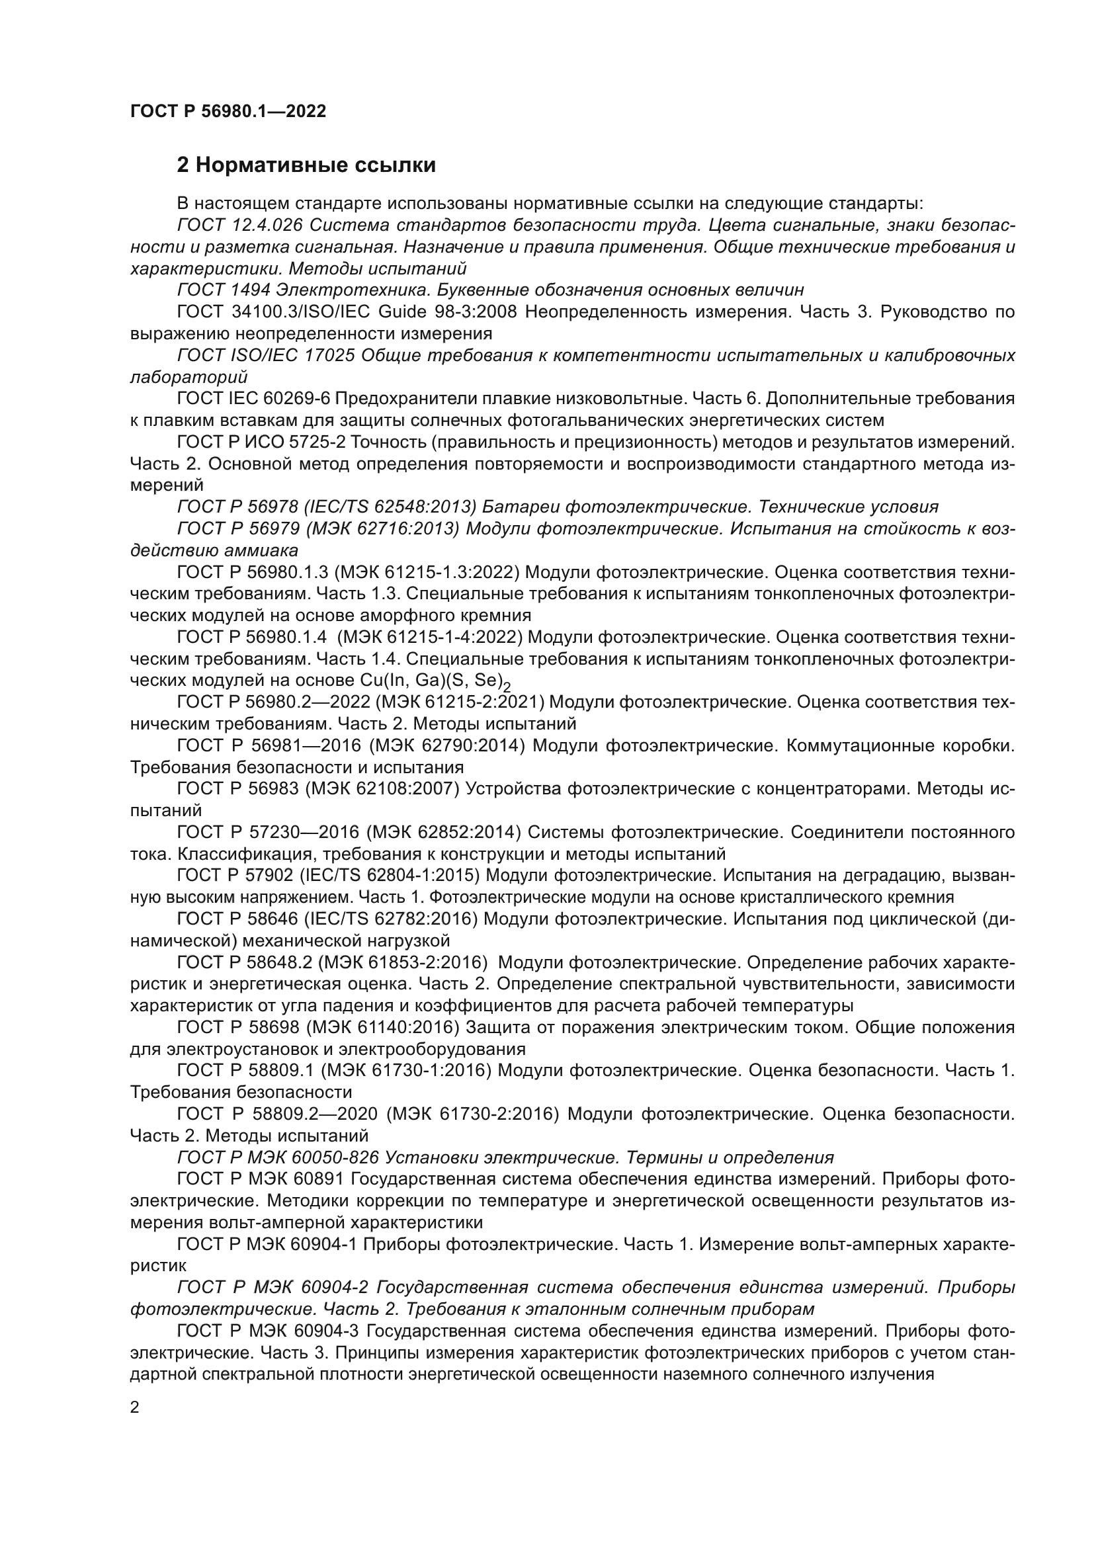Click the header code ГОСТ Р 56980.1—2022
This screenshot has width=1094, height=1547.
pyautogui.click(x=228, y=111)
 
